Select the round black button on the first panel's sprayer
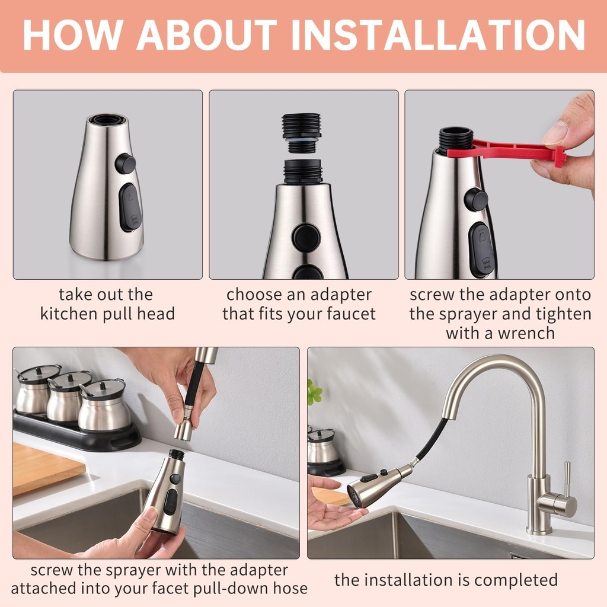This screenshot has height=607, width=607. tap(125, 163)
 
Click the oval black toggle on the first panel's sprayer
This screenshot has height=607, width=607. tap(130, 207)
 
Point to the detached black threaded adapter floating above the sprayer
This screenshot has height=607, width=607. tap(301, 132)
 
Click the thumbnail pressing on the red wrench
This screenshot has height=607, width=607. tap(555, 133)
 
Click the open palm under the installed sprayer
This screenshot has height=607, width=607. tap(332, 515)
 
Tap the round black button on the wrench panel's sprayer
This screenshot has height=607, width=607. tap(475, 199)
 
